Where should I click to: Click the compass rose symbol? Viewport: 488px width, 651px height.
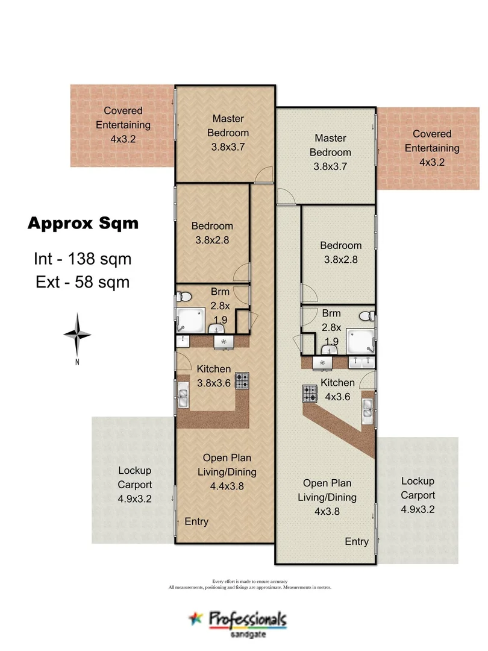pyautogui.click(x=77, y=335)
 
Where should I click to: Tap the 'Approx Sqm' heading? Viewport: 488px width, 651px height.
pyautogui.click(x=83, y=224)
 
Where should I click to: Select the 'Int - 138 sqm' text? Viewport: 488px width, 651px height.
pyautogui.click(x=82, y=259)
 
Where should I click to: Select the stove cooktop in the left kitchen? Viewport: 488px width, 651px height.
pyautogui.click(x=242, y=381)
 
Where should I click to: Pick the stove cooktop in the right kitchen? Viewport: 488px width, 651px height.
pyautogui.click(x=310, y=394)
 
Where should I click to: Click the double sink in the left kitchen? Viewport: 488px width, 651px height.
pyautogui.click(x=183, y=396)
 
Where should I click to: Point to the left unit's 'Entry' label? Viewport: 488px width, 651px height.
pyautogui.click(x=196, y=521)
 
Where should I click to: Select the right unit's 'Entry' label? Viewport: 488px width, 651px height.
pyautogui.click(x=357, y=542)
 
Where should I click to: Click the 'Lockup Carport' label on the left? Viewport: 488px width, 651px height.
pyautogui.click(x=134, y=484)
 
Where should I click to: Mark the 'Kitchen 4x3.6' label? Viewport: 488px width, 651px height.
pyautogui.click(x=337, y=390)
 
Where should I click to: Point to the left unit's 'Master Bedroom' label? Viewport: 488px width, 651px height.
pyautogui.click(x=228, y=132)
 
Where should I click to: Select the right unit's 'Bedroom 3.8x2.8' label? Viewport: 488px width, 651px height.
pyautogui.click(x=340, y=253)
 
